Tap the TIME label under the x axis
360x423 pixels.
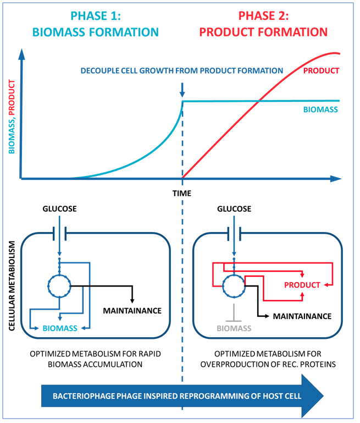tap(182, 193)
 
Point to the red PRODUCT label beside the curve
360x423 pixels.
tap(320, 70)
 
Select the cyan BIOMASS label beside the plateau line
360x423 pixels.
tap(320, 109)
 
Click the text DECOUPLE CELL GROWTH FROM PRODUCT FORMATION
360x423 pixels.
tap(182, 70)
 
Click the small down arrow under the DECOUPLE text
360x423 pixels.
tap(182, 88)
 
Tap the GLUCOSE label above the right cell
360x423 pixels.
tap(235, 209)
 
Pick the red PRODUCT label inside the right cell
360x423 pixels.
tap(302, 285)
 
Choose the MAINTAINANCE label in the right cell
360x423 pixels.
tap(302, 316)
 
